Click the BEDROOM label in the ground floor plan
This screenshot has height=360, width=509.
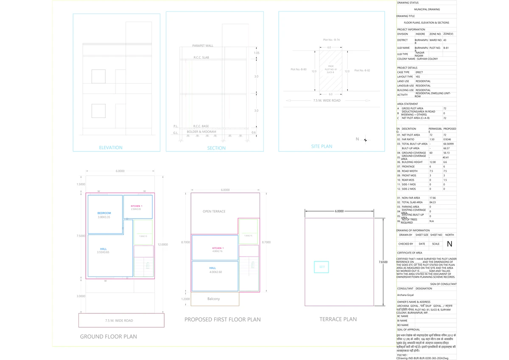(x=104, y=213)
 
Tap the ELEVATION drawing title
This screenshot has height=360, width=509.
(x=111, y=148)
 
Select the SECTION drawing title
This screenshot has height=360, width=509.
(x=216, y=148)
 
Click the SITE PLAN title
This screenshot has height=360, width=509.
(x=322, y=146)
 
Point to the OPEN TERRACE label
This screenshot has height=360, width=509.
(x=214, y=211)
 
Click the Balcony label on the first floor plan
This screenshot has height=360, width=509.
(x=213, y=299)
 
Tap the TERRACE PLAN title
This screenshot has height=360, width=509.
(x=338, y=319)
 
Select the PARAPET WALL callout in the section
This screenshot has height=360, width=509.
(x=203, y=45)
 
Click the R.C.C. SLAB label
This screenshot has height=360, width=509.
(x=201, y=57)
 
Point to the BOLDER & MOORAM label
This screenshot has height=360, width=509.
(x=201, y=132)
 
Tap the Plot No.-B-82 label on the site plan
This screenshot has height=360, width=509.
(x=362, y=70)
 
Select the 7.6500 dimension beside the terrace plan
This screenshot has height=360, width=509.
(x=383, y=262)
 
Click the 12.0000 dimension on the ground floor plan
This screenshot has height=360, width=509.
(x=163, y=244)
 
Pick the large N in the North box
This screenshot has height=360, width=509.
(x=450, y=244)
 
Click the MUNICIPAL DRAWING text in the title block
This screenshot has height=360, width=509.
(x=427, y=9)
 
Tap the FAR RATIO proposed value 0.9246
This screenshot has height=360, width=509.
(x=447, y=139)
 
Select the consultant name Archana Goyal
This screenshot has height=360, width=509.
(x=405, y=295)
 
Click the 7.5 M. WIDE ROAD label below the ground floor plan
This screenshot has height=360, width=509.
(x=119, y=321)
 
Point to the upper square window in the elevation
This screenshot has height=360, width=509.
(x=98, y=76)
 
